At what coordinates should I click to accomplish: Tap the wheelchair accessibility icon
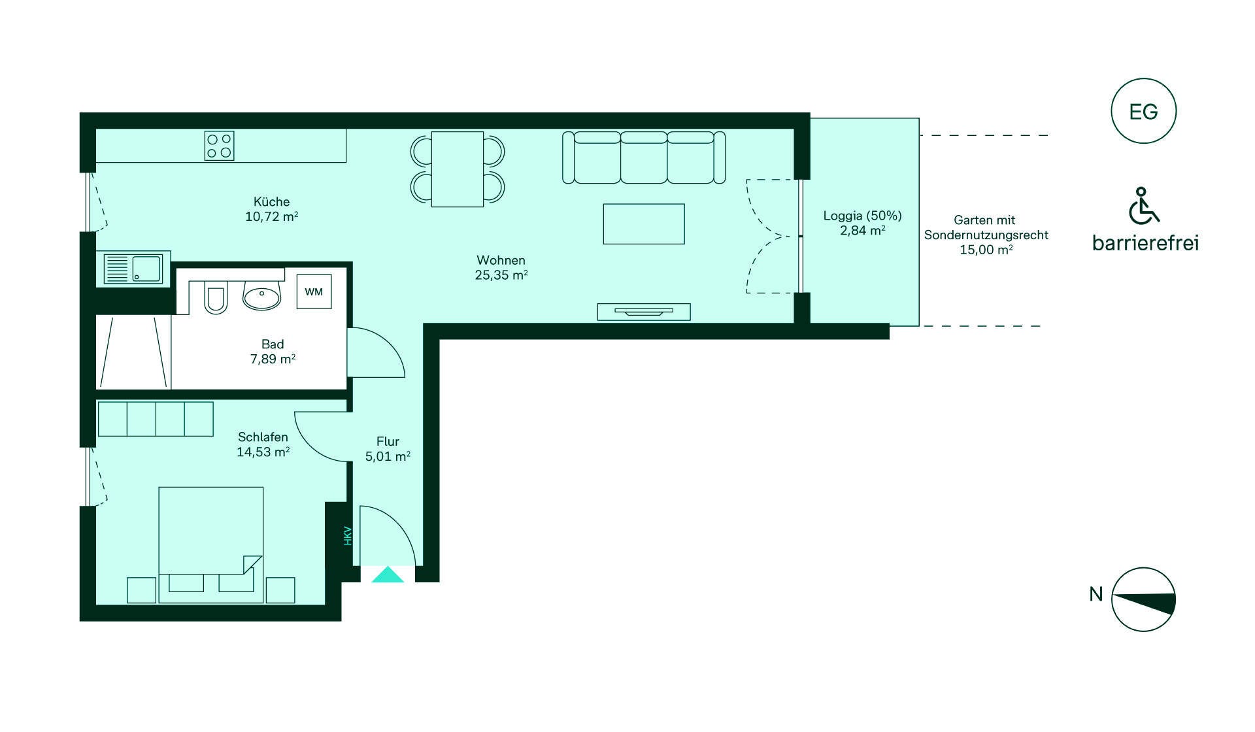(1143, 206)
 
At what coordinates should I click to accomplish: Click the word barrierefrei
(1145, 243)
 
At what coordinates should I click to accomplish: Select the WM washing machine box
(314, 291)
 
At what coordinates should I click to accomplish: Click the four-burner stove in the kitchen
(219, 146)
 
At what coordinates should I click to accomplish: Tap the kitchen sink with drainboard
(133, 269)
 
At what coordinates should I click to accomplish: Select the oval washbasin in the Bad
(261, 296)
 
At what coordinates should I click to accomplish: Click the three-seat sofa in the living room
(644, 158)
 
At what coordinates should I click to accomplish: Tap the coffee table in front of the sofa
(644, 224)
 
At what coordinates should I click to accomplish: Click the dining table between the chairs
(458, 169)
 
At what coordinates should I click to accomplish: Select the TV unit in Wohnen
(644, 312)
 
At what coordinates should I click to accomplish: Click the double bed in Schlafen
(211, 544)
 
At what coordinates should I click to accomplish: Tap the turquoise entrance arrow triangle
(388, 574)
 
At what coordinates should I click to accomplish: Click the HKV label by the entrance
(348, 536)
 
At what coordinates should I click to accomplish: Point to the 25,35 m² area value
(501, 275)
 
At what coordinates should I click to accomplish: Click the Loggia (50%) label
(862, 216)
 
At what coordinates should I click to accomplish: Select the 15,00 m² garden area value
(986, 250)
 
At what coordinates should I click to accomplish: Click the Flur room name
(388, 441)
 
